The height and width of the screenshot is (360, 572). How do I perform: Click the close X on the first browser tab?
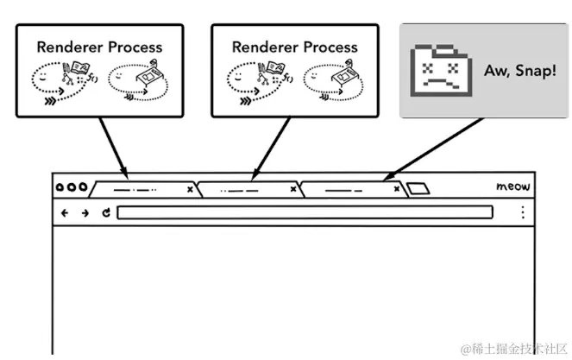click(x=189, y=187)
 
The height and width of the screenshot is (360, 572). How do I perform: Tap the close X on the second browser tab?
click(x=293, y=187)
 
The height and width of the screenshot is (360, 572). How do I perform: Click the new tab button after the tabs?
click(x=418, y=188)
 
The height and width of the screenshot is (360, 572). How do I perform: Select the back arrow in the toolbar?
click(x=65, y=212)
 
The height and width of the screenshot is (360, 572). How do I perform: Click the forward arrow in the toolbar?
click(x=85, y=212)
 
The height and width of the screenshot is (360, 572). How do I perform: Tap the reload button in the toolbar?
click(x=105, y=212)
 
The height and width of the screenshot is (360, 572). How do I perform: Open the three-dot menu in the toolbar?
click(x=522, y=212)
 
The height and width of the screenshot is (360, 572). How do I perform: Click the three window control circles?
click(x=71, y=187)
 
